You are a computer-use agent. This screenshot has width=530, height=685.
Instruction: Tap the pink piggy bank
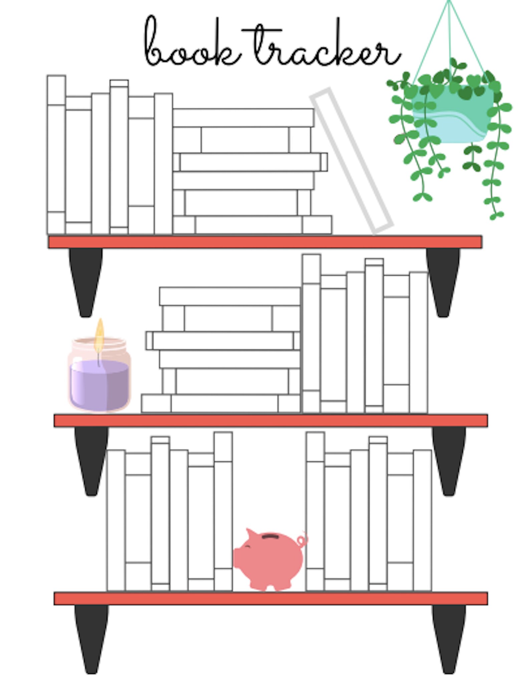click(x=270, y=559)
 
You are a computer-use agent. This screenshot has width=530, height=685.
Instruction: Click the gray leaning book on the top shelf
click(x=352, y=161)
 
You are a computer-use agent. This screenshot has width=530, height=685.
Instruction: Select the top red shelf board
click(x=265, y=242)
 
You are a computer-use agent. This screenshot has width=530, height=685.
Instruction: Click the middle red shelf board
click(x=271, y=420)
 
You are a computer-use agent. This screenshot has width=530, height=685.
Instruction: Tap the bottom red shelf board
click(x=271, y=599)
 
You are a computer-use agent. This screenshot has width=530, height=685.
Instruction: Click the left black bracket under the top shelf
click(x=86, y=282)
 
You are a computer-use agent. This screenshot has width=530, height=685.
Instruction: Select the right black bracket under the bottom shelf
click(x=449, y=640)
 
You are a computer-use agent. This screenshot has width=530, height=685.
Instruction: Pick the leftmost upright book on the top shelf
click(x=56, y=155)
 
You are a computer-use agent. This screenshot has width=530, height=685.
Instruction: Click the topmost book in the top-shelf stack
click(x=243, y=118)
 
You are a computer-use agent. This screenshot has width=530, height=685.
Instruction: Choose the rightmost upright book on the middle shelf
click(x=419, y=342)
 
